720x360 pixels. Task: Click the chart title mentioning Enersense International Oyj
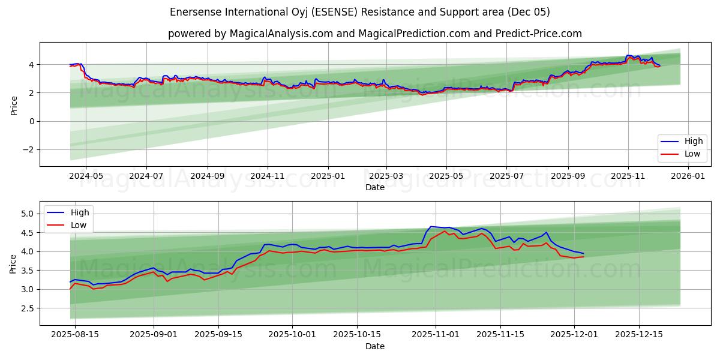[x=359, y=12]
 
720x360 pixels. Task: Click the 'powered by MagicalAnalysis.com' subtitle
[x=374, y=34]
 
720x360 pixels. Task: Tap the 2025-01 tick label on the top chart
[x=328, y=176]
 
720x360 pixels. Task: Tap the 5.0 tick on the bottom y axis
[x=28, y=214]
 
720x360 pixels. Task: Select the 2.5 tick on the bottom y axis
[x=28, y=308]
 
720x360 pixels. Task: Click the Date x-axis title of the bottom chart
[x=374, y=346]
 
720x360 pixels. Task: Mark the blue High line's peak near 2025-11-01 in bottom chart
[x=431, y=226]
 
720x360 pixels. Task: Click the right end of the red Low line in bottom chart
[x=583, y=257]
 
